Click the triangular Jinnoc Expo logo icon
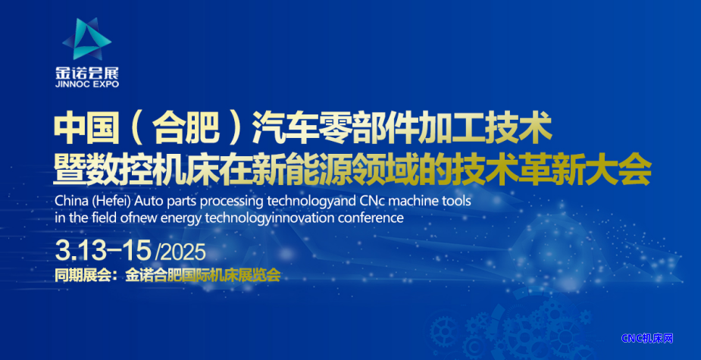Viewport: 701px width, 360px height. coord(86,39)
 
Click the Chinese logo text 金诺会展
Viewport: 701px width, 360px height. coord(87,73)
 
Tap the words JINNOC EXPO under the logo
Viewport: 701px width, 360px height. coord(87,84)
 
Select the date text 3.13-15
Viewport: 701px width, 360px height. coord(103,251)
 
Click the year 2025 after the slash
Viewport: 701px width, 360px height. coord(182,253)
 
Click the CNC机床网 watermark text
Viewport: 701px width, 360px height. coord(647,339)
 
